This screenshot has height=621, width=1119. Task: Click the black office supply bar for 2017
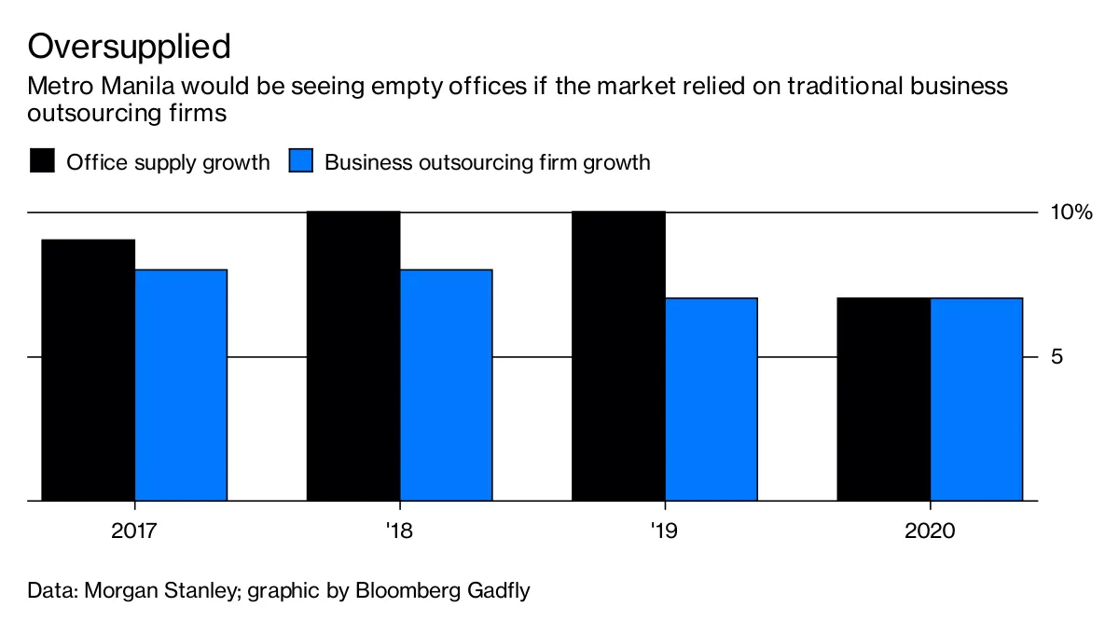click(x=89, y=370)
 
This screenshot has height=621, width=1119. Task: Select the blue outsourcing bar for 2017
click(x=181, y=385)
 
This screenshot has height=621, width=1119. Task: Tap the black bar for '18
click(x=353, y=356)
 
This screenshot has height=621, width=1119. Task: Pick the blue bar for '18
click(x=446, y=385)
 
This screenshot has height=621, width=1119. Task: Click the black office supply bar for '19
click(x=618, y=356)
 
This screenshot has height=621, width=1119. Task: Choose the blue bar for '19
click(x=711, y=399)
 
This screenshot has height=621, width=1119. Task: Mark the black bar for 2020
click(x=883, y=399)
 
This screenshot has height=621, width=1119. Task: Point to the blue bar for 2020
click(x=976, y=399)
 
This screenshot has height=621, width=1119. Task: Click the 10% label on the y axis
click(x=1071, y=214)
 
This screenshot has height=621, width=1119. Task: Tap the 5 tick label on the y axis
click(x=1057, y=357)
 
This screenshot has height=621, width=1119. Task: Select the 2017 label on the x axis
click(x=134, y=532)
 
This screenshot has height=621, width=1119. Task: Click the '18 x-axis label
click(x=399, y=532)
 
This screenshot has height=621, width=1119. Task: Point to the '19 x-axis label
click(x=664, y=532)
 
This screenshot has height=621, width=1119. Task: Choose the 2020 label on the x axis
click(x=930, y=532)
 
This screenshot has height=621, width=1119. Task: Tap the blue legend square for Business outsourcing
click(x=300, y=161)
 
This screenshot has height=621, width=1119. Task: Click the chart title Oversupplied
click(x=129, y=45)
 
